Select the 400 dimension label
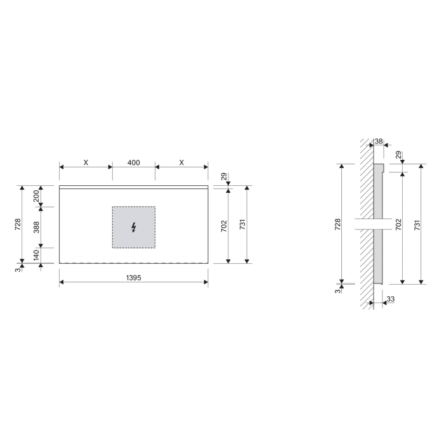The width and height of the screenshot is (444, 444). [133, 162]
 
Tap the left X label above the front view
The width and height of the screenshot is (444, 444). [86, 162]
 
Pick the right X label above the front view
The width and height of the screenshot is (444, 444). [181, 162]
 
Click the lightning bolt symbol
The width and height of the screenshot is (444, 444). [133, 227]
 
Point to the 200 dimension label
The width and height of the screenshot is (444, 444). [36, 196]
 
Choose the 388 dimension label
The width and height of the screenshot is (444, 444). [36, 227]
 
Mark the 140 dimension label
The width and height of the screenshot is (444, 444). [36, 255]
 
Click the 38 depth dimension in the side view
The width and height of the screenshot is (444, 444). [379, 141]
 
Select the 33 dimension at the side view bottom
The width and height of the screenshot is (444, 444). [390, 299]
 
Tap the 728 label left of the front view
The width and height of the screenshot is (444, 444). [18, 225]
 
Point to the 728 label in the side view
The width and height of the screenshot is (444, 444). [337, 224]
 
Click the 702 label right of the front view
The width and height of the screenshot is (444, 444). [224, 226]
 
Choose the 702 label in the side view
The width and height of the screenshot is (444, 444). [398, 224]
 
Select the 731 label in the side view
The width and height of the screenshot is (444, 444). [417, 224]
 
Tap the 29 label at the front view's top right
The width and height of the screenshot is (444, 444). [223, 177]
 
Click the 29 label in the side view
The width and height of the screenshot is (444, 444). [398, 155]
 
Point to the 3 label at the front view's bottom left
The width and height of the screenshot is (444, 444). [17, 269]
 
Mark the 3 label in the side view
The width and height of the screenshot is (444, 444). [337, 291]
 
